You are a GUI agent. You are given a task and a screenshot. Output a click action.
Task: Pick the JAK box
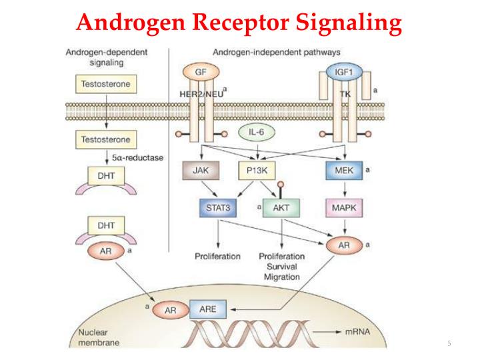200,171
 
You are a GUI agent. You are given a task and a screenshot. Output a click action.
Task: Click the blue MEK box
344,171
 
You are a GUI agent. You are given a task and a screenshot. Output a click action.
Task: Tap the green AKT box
281,207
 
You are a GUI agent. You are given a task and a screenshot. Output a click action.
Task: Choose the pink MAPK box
344,207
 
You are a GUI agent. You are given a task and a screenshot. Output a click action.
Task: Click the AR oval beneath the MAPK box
344,245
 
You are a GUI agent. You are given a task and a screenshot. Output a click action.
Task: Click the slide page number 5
449,343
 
